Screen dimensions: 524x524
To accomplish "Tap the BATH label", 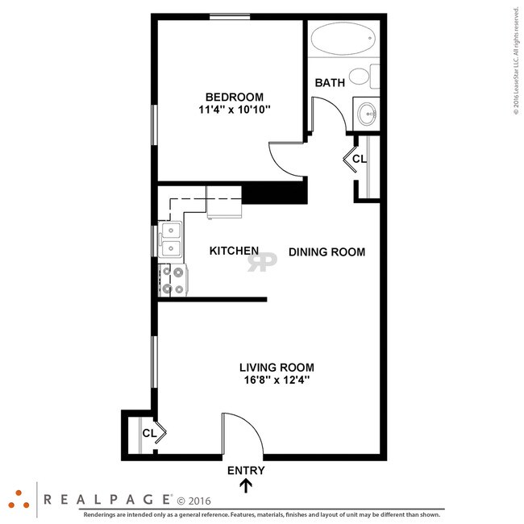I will click(330, 82).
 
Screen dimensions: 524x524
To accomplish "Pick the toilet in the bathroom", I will click(366, 77).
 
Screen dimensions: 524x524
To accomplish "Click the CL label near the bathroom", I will click(360, 159).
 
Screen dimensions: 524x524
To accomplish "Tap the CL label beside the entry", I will click(149, 433).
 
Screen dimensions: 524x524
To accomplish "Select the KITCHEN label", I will click(234, 252).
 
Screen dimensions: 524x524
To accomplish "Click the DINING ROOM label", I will click(326, 252).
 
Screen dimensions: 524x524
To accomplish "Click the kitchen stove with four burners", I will click(172, 280).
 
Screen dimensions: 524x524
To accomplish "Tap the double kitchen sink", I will click(171, 239).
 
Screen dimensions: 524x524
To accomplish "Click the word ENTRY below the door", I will click(246, 471).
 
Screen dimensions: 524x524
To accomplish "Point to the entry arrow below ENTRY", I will click(246, 485).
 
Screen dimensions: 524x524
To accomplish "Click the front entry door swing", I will click(242, 435).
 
